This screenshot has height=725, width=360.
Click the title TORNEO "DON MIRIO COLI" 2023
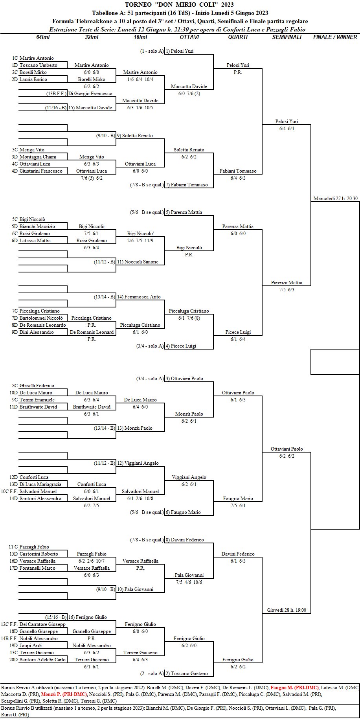click(179, 5)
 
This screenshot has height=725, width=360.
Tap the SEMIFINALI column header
click(287, 37)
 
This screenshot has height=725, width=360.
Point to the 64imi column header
click(43, 37)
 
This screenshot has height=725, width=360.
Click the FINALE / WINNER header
click(335, 37)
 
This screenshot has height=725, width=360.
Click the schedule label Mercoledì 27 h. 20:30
click(335, 199)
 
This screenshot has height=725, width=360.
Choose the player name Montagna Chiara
click(37, 157)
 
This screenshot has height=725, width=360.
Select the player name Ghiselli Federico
click(37, 386)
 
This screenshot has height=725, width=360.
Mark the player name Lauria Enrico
click(33, 79)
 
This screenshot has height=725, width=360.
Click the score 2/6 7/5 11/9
click(140, 241)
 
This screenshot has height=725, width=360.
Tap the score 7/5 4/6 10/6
click(189, 582)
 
